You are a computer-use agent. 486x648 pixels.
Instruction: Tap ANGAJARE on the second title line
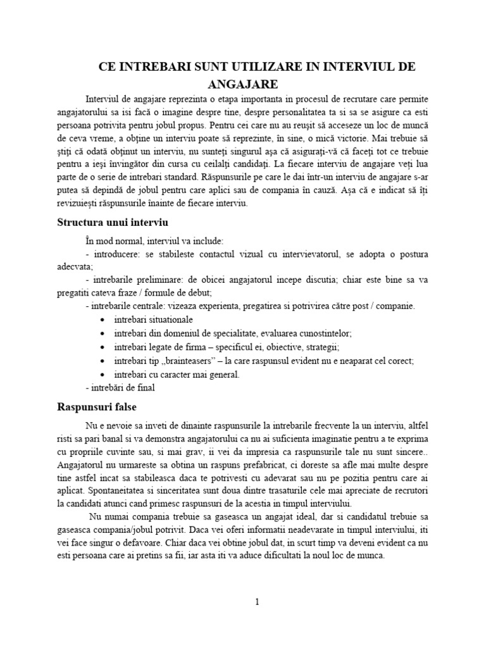243,84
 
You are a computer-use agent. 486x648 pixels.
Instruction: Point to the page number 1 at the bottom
256,602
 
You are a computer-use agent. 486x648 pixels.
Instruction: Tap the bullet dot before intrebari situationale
103,320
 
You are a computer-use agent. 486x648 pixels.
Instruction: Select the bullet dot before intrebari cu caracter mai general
103,375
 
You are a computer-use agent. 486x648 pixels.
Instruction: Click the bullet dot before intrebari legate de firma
103,347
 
